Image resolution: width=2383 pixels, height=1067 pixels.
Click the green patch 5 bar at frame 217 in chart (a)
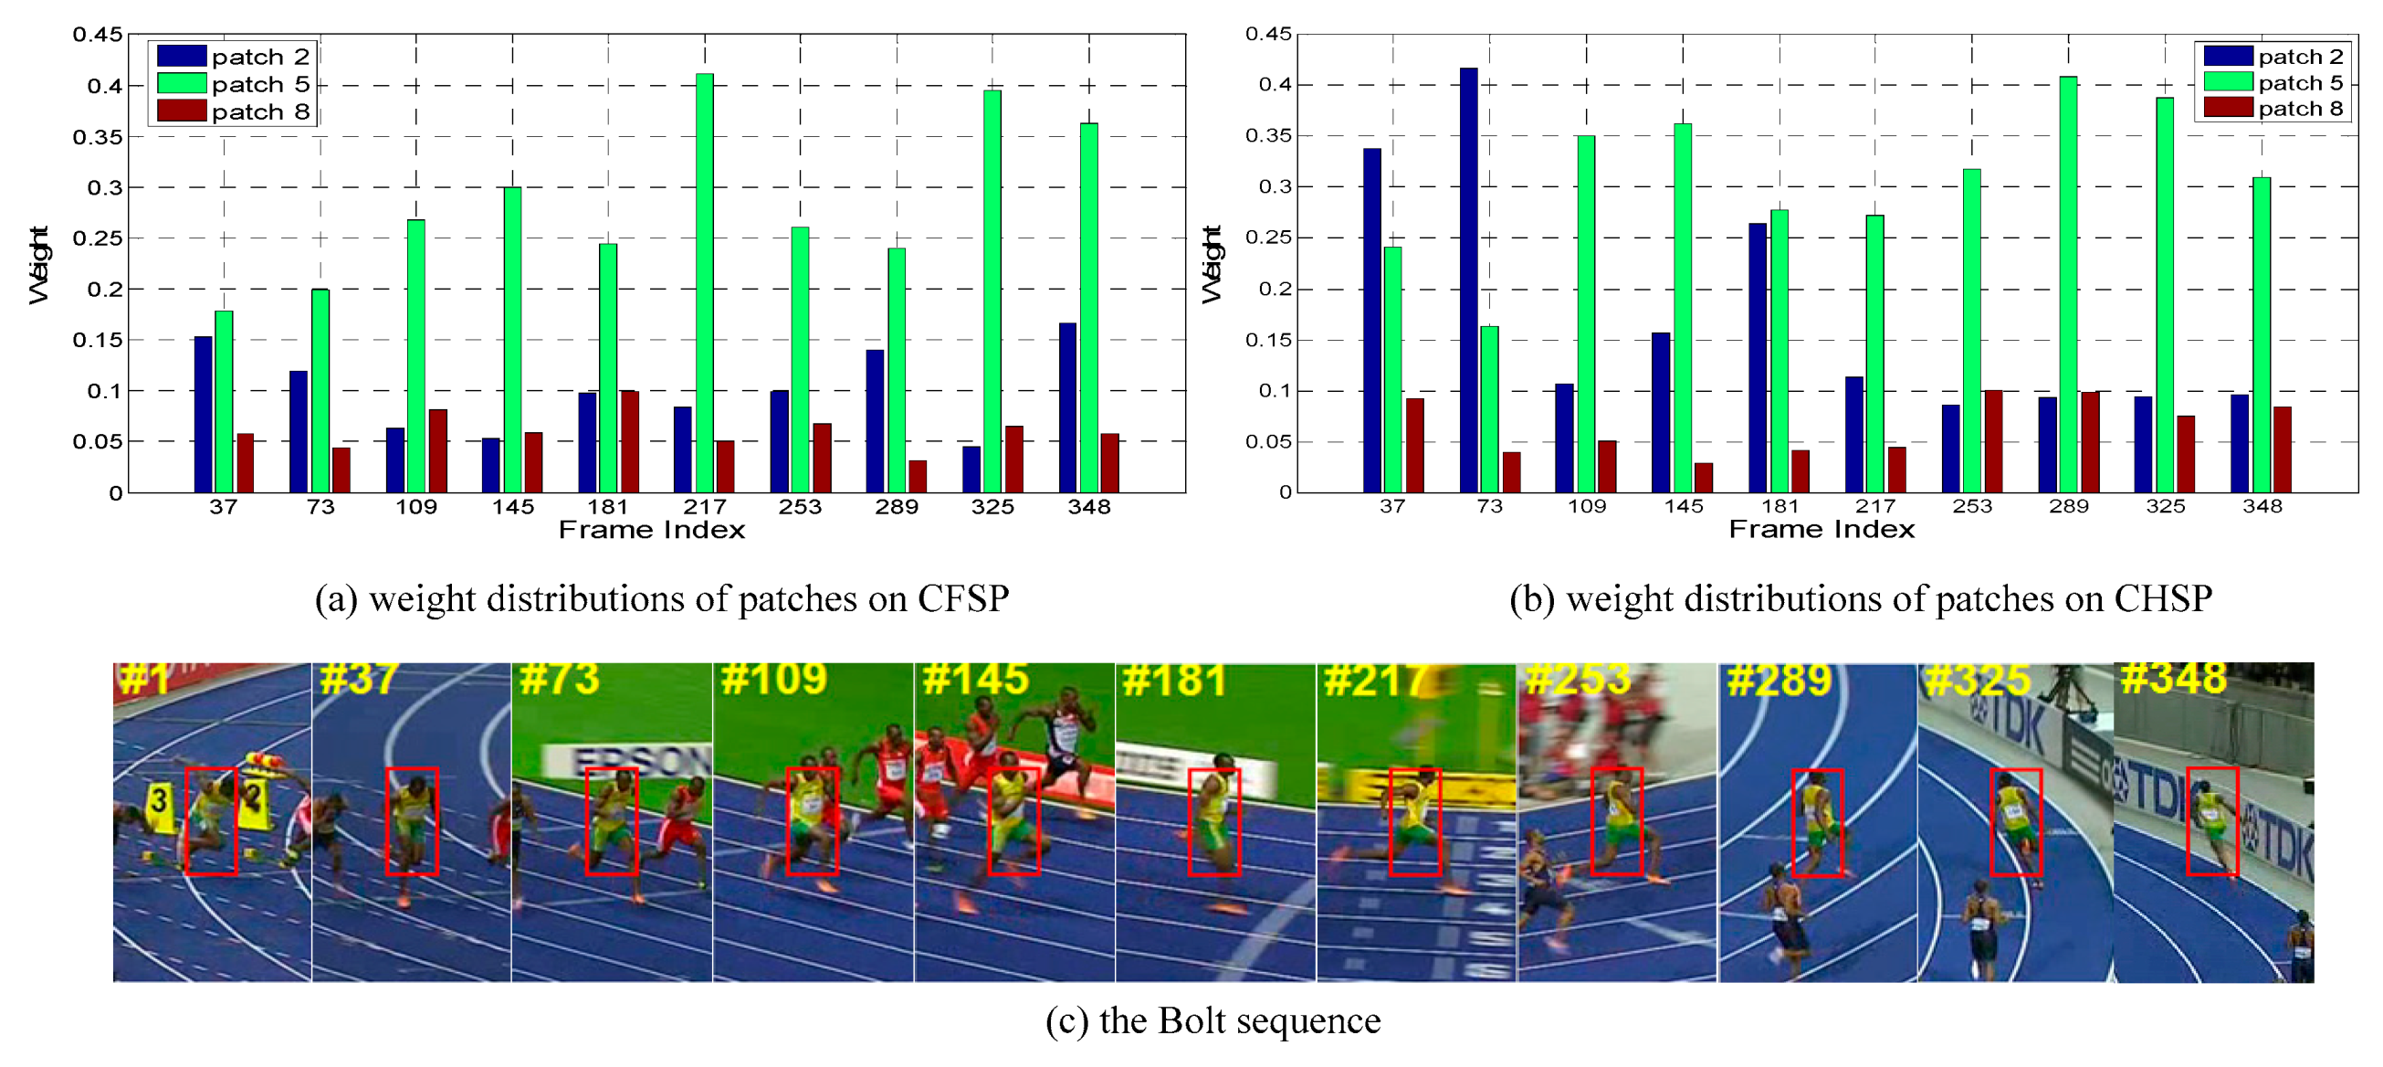[704, 282]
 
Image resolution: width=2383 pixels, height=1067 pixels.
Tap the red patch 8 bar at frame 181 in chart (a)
[629, 441]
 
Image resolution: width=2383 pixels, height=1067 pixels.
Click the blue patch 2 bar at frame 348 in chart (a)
[1067, 407]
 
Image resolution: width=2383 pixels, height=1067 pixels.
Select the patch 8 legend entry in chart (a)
[233, 112]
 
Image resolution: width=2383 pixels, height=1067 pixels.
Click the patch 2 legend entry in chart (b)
[2272, 57]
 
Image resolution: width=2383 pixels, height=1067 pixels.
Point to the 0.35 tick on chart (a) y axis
[97, 137]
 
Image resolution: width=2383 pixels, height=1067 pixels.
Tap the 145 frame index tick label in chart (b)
[1683, 506]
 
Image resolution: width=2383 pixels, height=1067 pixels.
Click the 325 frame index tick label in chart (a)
[992, 507]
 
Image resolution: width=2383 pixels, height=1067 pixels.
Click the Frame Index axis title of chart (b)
[1821, 529]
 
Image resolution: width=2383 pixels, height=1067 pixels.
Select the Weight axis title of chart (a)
[39, 265]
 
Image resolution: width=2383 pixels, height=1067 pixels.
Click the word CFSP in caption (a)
[962, 598]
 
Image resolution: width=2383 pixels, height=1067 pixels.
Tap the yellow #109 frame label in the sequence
[773, 680]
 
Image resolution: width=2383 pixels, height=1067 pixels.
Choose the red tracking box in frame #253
[1616, 822]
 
